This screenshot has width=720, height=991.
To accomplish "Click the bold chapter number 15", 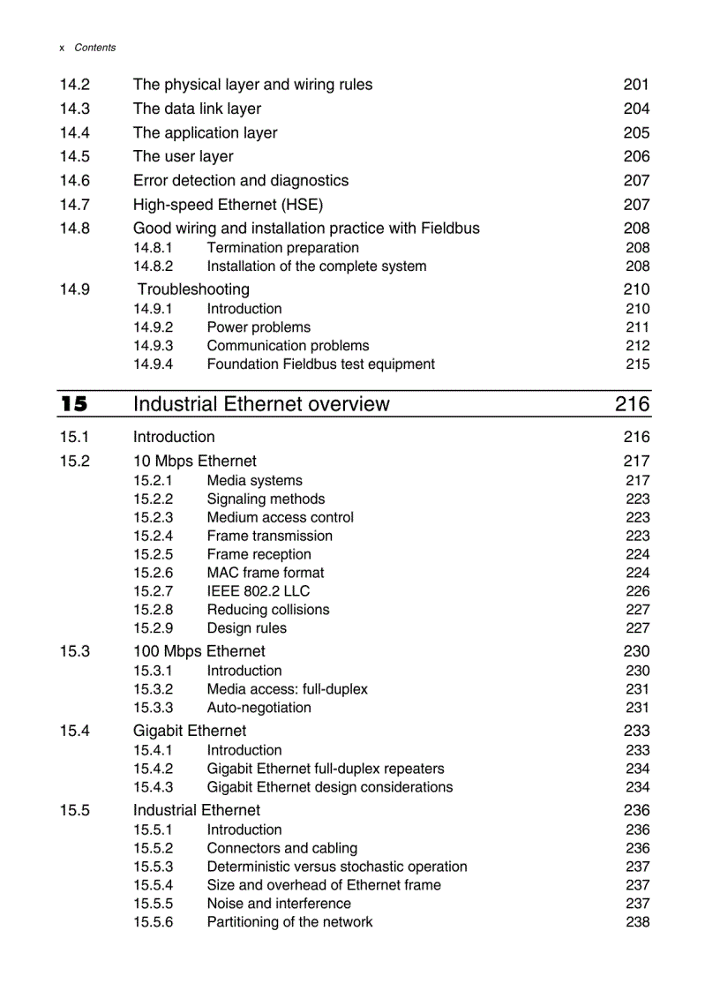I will tap(74, 404).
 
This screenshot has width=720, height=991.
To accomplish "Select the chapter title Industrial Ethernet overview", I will tap(260, 404).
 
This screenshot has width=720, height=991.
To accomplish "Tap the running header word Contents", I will tap(94, 48).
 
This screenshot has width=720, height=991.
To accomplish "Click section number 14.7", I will tap(75, 205).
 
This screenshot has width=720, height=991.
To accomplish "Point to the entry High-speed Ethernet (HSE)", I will tap(228, 205).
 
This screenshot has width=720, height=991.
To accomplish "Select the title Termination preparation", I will tap(282, 248).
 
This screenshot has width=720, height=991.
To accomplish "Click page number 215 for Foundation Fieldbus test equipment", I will tap(637, 364).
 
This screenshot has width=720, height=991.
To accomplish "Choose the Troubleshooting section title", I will tap(193, 289).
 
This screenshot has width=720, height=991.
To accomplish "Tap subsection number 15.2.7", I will tap(153, 591).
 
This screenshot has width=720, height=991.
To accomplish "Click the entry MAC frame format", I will tap(265, 573).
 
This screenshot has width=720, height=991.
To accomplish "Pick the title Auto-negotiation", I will tap(259, 708).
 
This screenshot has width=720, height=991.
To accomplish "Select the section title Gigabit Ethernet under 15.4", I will tap(190, 731).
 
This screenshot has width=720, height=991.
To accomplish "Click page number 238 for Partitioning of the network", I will tap(637, 922).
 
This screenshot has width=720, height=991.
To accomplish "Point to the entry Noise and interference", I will tap(279, 904).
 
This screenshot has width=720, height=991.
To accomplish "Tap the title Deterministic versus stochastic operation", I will tap(337, 867).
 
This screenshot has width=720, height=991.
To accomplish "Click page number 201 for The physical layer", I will tap(636, 85).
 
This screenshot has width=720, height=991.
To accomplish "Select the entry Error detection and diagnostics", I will tap(241, 181).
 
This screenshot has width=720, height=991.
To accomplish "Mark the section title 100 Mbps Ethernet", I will tap(199, 651).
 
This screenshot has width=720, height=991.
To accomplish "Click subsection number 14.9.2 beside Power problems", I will tap(153, 327).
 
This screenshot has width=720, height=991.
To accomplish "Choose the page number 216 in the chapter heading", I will tap(632, 404).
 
